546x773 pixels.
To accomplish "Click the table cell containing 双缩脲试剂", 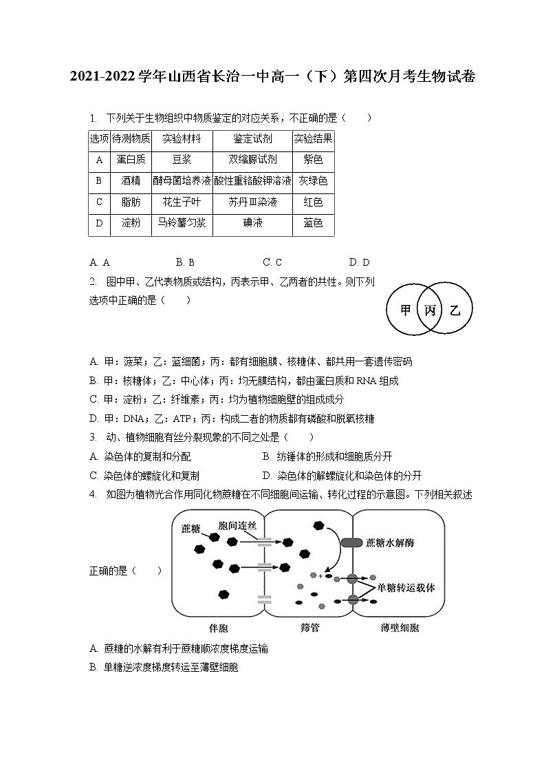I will (252, 160).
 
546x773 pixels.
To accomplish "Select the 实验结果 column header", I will (313, 138).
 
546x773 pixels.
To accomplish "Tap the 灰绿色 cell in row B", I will (313, 181).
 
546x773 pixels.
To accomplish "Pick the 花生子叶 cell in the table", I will (182, 202).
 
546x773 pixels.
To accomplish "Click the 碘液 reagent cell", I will (252, 223).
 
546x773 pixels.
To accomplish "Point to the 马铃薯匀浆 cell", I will (182, 223).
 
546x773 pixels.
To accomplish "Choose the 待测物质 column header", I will (131, 138).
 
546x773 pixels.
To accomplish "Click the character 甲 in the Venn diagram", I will (406, 310).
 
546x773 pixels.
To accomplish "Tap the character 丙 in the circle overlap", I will (430, 310).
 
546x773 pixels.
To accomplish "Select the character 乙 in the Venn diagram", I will (455, 310).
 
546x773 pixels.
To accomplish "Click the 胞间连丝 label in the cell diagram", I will (237, 525).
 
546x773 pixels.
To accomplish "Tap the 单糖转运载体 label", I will (411, 588).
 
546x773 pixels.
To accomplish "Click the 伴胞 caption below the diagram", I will (218, 628).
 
